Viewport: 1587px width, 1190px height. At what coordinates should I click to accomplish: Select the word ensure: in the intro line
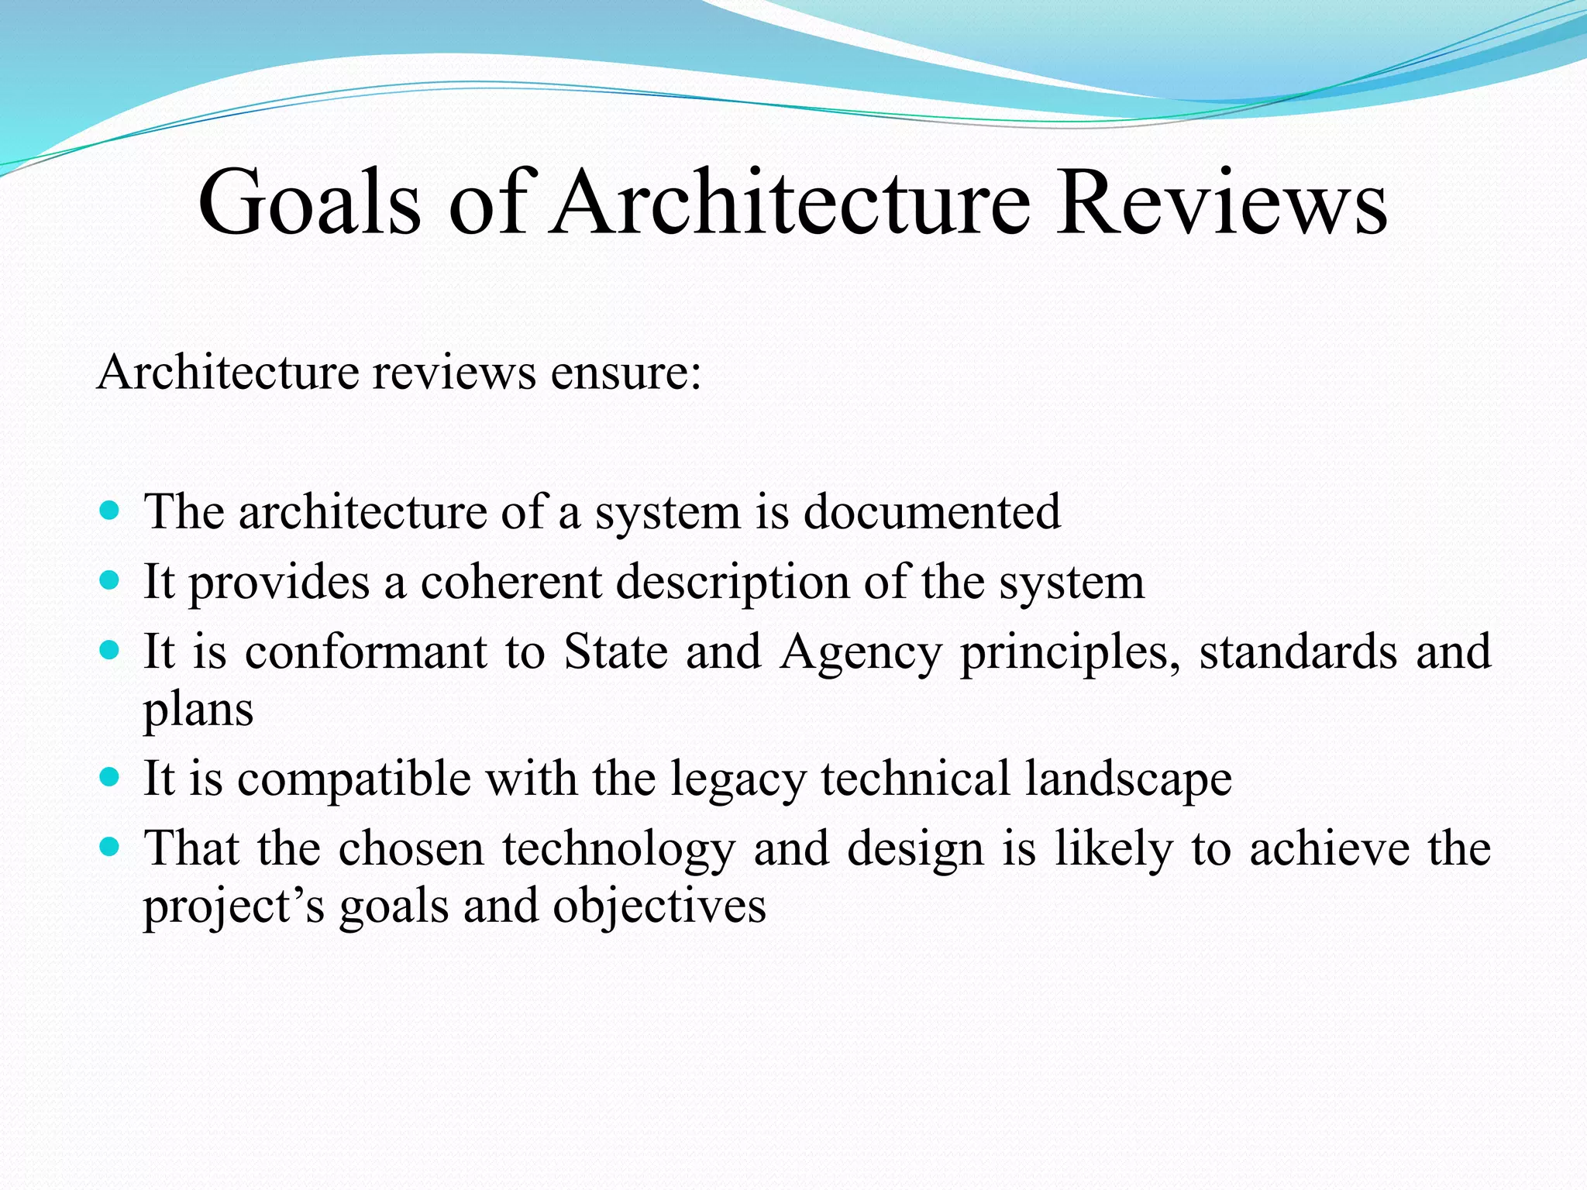(626, 372)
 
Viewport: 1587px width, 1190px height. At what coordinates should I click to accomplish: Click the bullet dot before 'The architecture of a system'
(111, 511)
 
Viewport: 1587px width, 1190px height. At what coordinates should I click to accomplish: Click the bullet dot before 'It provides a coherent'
(111, 580)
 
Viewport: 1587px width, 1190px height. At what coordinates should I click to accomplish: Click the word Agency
(860, 652)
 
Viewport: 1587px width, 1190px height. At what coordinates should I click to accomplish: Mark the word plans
(198, 709)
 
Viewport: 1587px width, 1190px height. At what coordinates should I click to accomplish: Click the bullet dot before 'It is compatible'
(111, 777)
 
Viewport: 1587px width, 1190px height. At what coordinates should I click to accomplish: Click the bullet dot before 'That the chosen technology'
(111, 847)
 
